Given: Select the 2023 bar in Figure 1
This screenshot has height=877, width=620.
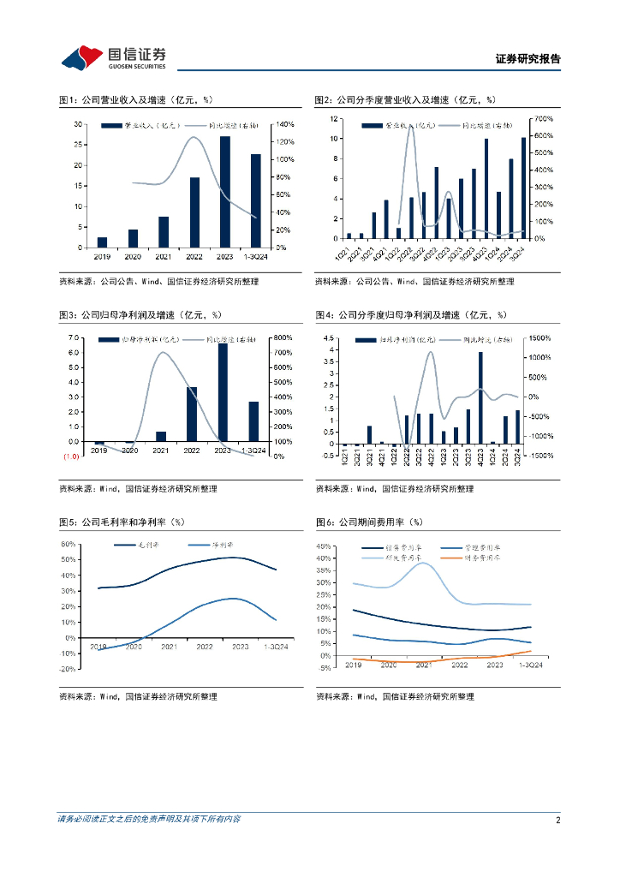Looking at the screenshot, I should coord(225,192).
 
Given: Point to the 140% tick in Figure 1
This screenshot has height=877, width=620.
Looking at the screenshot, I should coord(284,124).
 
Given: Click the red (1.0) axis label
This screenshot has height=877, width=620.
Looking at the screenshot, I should coord(70,456).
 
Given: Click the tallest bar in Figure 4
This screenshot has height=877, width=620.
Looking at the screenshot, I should coord(480,397).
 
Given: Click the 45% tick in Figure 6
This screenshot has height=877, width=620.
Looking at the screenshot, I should coord(325,546).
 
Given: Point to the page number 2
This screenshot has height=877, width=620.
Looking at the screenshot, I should coord(557,820).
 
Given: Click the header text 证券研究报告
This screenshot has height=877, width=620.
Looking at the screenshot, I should coord(528,59).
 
